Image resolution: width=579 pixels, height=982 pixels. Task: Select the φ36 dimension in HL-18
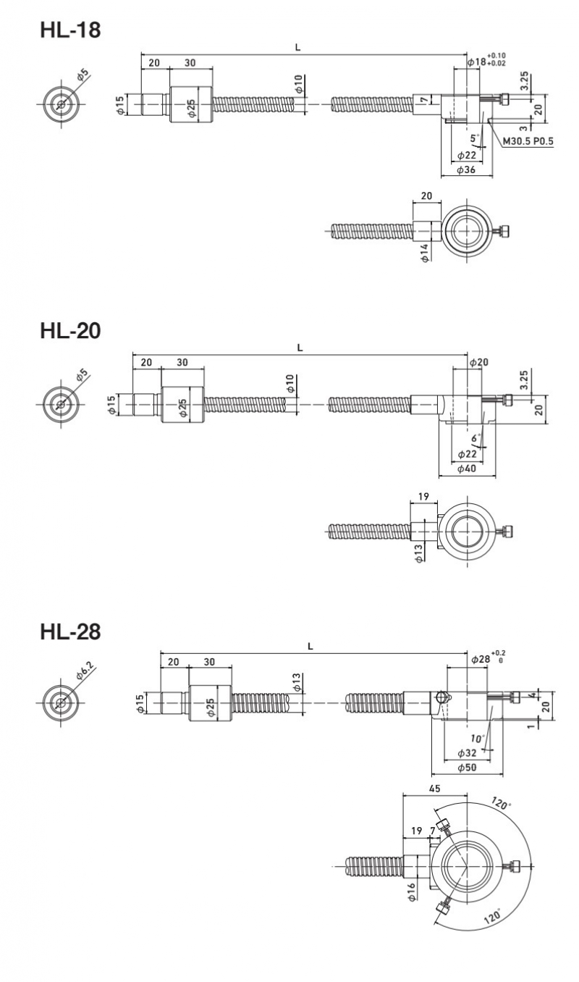point(466,169)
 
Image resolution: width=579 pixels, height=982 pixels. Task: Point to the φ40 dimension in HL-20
point(466,469)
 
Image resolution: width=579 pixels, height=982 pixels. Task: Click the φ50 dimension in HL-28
point(466,768)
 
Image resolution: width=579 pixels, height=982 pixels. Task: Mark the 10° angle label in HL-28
point(476,739)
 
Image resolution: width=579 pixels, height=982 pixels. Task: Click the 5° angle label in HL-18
point(474,137)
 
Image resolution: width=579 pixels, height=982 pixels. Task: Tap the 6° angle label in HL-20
point(475,438)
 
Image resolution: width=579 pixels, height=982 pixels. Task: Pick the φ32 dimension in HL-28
point(466,753)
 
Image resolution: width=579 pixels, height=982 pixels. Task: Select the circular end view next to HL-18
point(61,104)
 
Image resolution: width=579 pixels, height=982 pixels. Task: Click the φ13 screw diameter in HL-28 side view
point(296,682)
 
